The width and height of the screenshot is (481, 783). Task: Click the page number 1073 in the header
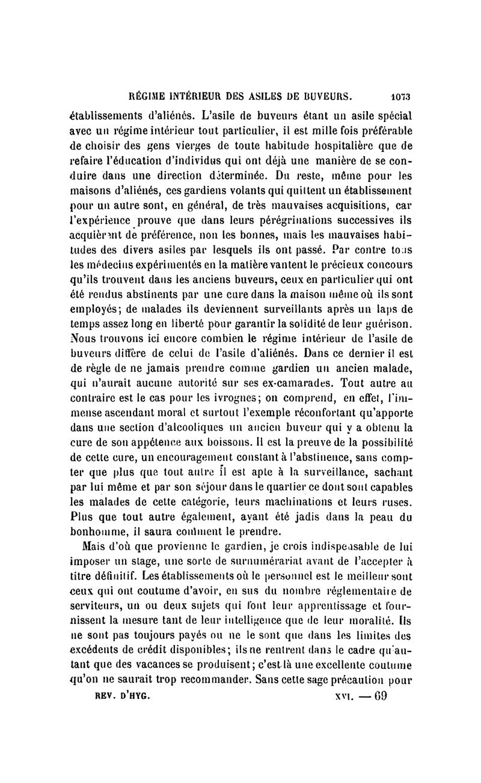click(398, 95)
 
